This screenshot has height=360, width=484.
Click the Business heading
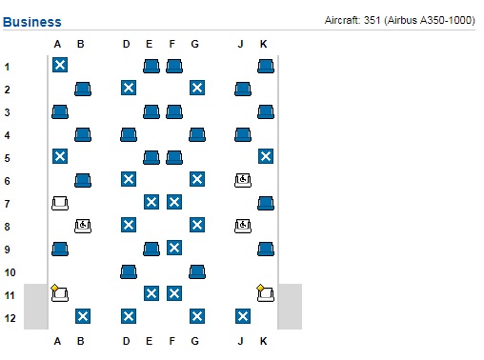[32, 22]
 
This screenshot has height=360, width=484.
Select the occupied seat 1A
[60, 65]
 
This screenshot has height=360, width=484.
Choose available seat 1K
[266, 66]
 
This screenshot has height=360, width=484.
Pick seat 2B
[83, 89]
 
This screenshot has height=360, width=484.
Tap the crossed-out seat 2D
[129, 88]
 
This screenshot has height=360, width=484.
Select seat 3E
[151, 111]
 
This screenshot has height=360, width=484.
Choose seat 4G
[197, 134]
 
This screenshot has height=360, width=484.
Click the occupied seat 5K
[266, 156]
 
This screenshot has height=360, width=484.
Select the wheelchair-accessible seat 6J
[243, 179]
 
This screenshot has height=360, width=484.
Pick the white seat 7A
[60, 203]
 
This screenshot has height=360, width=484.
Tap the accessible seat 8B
[83, 226]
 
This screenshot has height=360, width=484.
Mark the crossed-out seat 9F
[174, 248]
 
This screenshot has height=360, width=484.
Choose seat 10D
[129, 271]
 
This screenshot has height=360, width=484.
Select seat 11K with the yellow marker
[266, 294]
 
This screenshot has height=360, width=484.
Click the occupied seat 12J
[243, 316]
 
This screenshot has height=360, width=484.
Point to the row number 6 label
[8, 180]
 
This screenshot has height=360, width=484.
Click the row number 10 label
[9, 271]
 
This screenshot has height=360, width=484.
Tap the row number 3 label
[8, 111]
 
